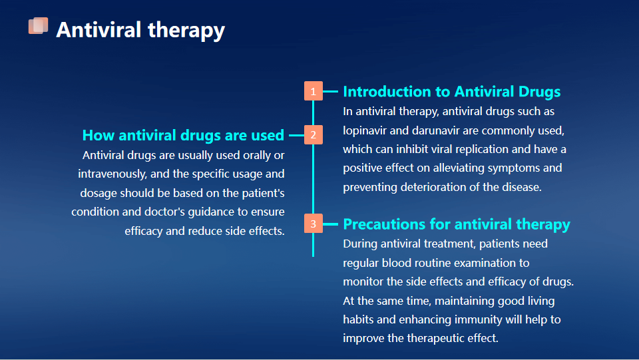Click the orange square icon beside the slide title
point(39,26)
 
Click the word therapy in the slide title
point(186,31)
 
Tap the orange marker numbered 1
point(313,90)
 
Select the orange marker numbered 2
point(313,135)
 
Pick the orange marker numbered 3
point(313,224)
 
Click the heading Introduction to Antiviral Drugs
point(451,92)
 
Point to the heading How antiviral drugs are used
point(183,135)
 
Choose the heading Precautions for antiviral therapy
point(457,224)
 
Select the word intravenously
point(112,174)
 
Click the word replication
point(482,150)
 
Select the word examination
point(485,263)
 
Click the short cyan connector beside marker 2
point(297,135)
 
